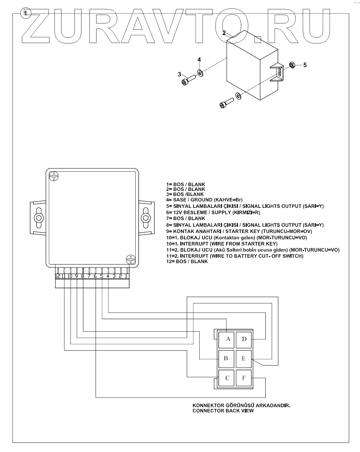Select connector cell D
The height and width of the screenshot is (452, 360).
pos(244,339)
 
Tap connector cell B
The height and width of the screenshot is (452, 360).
pos(226,358)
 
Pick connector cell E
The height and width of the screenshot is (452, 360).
pos(244,358)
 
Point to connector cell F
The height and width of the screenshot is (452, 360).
pos(244,378)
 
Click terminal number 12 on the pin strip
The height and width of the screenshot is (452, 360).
pos(58,276)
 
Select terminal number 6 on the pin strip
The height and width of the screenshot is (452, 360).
pos(95,276)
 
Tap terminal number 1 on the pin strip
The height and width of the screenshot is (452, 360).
pos(126,276)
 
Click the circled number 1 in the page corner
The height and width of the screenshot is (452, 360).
pos(26,13)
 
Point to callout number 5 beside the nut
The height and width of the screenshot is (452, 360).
pos(305,65)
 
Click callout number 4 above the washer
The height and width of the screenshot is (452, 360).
pos(199,60)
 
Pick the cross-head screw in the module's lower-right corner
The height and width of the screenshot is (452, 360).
pos(131,260)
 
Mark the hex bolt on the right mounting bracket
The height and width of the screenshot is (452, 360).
pos(146,218)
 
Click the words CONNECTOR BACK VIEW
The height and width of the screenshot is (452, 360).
pos(223,411)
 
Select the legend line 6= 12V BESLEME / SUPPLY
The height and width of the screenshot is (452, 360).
pos(213,213)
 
